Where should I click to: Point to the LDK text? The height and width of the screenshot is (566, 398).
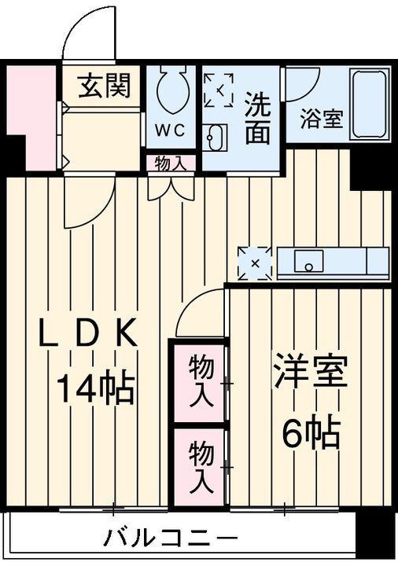(x=90, y=336)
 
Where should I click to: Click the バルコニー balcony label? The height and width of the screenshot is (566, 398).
(x=170, y=541)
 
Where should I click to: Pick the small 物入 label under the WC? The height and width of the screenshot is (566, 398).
(x=170, y=164)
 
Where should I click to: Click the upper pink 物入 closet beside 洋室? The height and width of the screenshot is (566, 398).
(x=201, y=380)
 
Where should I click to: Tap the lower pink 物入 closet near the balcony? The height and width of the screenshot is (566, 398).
(x=201, y=465)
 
